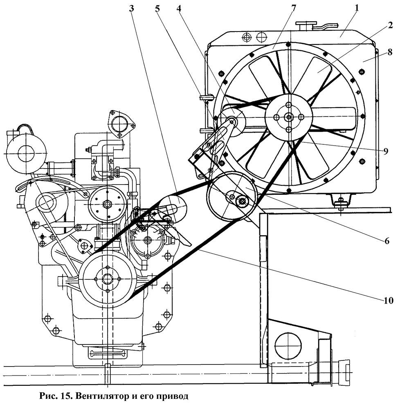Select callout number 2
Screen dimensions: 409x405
tap(390, 25)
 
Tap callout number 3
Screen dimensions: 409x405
tap(131, 8)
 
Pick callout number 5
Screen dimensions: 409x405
tap(157, 8)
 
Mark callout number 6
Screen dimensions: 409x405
tap(387, 241)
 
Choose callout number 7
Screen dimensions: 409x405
tap(294, 8)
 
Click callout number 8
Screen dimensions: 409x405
tap(390, 52)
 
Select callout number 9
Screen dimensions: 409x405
tap(386, 151)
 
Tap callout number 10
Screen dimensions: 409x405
tap(389, 300)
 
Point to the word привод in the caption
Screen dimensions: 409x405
tap(172, 396)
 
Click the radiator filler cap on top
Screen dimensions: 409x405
tap(304, 26)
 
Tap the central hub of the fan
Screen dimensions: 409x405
tap(289, 117)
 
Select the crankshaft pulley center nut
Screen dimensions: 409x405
tap(107, 279)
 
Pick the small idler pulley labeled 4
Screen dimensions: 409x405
tap(231, 122)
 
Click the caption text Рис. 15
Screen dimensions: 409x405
tap(54, 396)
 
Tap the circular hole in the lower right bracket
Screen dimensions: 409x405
tap(288, 346)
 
